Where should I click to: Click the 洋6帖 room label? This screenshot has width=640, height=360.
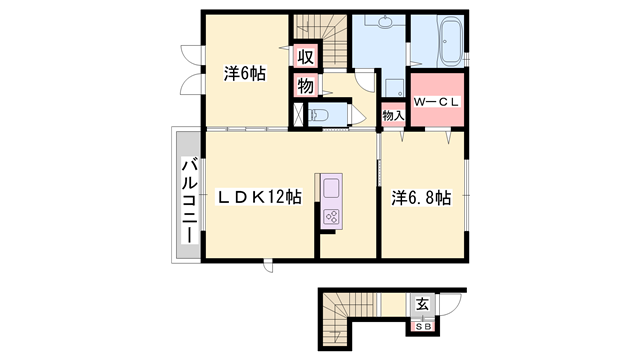[x=243, y=73]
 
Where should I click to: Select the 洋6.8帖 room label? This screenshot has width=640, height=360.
[x=420, y=198]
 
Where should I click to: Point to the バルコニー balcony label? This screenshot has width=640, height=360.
[x=187, y=200]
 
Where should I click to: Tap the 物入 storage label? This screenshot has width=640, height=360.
[x=393, y=116]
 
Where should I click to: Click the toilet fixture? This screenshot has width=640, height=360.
[x=322, y=115]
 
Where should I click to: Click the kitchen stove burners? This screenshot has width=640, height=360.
[x=332, y=214]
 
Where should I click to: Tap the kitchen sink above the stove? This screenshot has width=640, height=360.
[x=331, y=187]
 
